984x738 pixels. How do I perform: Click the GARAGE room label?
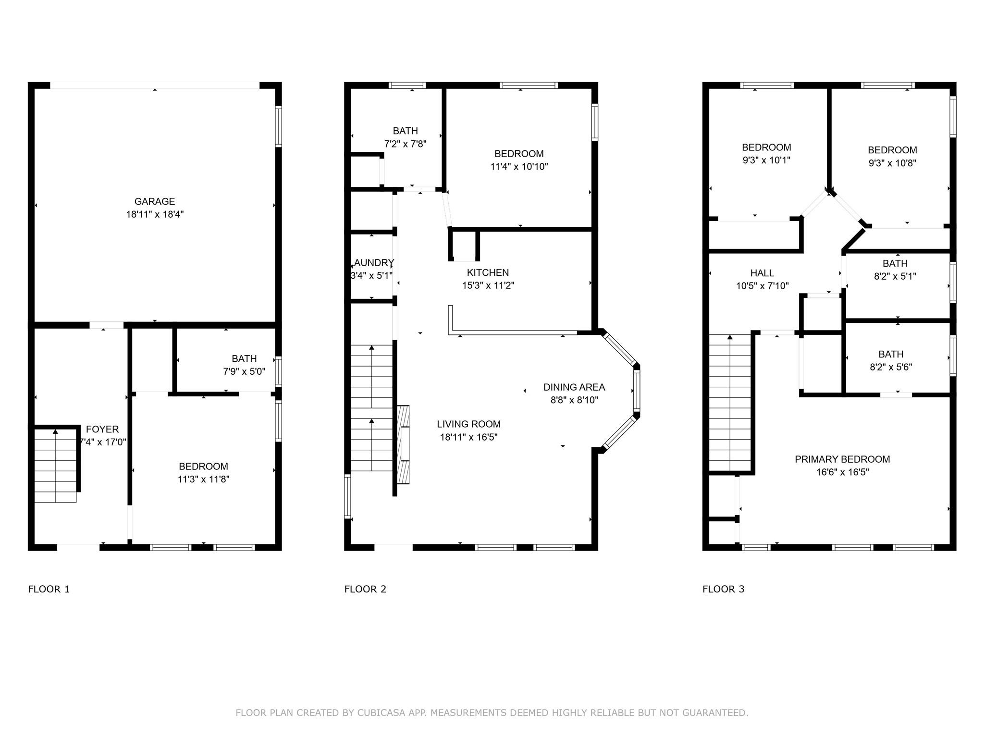click(x=154, y=201)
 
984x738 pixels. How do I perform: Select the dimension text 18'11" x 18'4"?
click(x=155, y=214)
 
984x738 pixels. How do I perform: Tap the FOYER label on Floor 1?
click(x=102, y=429)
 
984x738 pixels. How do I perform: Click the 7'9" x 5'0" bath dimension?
click(x=244, y=371)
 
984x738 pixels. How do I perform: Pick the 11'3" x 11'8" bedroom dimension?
click(x=203, y=479)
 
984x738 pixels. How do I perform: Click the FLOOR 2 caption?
click(x=365, y=589)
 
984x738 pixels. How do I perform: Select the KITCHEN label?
click(x=488, y=272)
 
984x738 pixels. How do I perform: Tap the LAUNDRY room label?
click(x=374, y=263)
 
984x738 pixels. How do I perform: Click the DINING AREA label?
click(x=574, y=387)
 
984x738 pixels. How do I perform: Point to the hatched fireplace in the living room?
click(x=403, y=444)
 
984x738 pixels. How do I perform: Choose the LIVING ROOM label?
click(x=468, y=424)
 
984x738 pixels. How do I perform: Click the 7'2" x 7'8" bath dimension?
click(x=405, y=144)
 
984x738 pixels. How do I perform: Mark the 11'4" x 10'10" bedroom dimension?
click(x=519, y=167)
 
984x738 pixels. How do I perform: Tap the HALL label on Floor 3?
click(x=762, y=273)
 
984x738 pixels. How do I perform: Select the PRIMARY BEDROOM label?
click(x=842, y=459)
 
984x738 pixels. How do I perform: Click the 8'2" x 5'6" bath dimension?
click(x=890, y=367)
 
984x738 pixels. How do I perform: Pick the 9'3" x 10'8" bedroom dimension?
click(x=892, y=163)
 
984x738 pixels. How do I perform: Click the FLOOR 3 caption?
click(x=723, y=589)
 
